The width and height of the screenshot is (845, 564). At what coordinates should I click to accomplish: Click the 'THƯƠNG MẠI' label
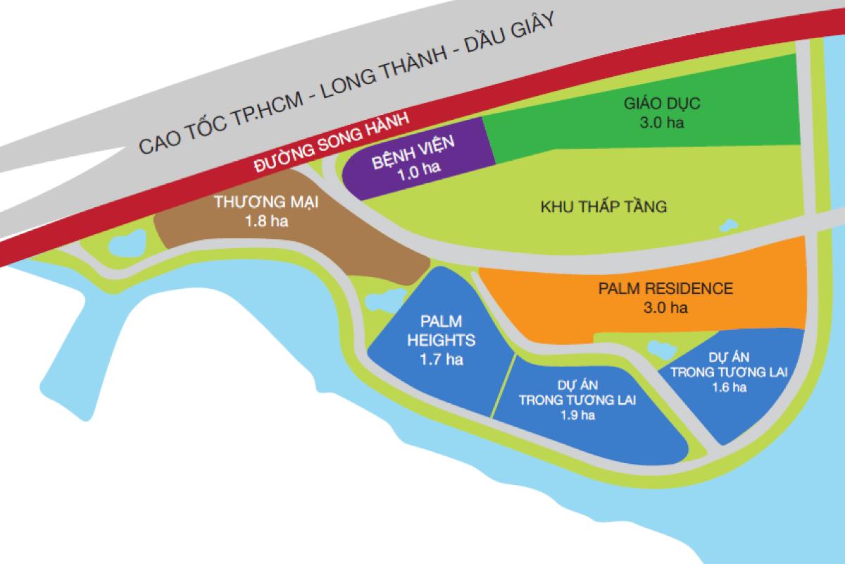(267, 203)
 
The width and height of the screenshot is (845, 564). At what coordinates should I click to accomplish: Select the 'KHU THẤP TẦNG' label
(603, 207)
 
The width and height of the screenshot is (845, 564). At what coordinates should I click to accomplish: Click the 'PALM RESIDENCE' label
(665, 289)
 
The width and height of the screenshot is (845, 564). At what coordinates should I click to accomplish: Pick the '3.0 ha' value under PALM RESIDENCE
(665, 307)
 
